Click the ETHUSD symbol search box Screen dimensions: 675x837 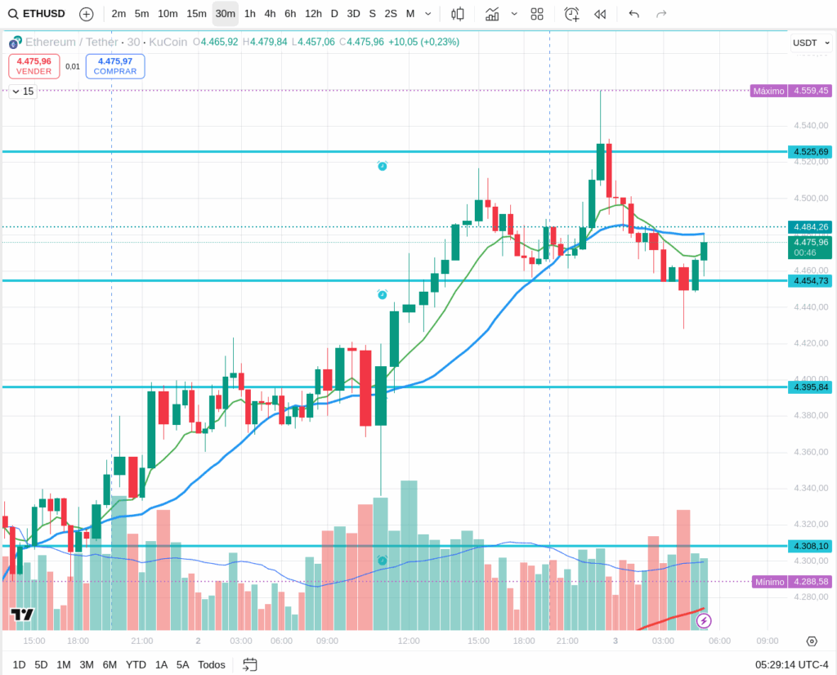pos(37,14)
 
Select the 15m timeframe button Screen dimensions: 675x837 pos(196,14)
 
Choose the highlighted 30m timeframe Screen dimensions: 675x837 pos(226,14)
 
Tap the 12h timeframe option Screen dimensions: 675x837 pos(313,14)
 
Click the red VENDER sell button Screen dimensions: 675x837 pos(34,66)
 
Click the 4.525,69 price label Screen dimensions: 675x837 pos(809,152)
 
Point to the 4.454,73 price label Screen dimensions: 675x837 pos(809,281)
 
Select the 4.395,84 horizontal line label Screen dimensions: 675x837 pos(809,387)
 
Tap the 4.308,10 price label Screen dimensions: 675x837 pos(809,546)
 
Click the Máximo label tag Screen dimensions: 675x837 pos(768,91)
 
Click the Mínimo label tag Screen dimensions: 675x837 pos(769,582)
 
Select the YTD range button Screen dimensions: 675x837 pos(137,664)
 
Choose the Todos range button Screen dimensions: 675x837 pos(212,664)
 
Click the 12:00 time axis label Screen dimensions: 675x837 pos(408,641)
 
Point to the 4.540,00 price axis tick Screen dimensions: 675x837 pos(812,126)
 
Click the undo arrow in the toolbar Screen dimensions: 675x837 pos(633,14)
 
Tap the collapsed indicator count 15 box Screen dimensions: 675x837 pos(23,92)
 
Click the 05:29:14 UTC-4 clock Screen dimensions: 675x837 pos(792,664)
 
